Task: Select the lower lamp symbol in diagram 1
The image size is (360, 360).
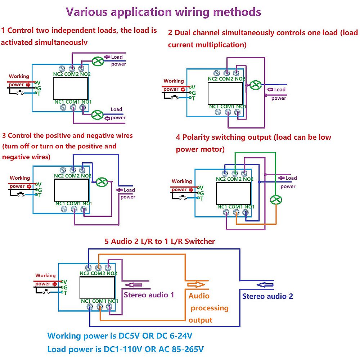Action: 97,115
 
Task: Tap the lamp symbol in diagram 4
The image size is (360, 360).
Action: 276,200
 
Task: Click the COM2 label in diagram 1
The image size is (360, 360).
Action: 72,74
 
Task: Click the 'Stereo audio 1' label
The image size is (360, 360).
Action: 149,295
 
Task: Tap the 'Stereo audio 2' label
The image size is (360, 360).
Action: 267,296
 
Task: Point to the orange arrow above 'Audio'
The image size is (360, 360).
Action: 196,285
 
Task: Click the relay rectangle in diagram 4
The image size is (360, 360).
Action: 233,194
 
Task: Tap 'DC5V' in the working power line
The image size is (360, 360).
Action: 132,336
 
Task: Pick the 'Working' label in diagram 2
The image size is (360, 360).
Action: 174,81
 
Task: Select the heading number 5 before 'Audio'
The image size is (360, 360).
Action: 107,241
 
